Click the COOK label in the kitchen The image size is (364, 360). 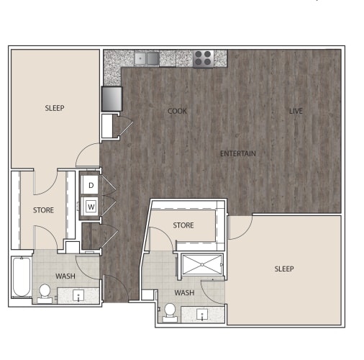tap(177, 111)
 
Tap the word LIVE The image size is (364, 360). tap(296, 111)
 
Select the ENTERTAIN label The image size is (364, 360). tap(238, 153)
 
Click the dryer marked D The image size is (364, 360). tap(91, 186)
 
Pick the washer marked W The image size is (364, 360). tap(91, 207)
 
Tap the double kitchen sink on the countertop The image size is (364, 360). tap(150, 58)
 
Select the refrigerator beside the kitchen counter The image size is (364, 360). tap(112, 97)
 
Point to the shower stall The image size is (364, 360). tap(202, 265)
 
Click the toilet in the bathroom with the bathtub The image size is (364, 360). tap(45, 292)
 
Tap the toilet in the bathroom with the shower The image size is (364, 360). tap(170, 311)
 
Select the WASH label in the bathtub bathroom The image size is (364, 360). tap(65, 276)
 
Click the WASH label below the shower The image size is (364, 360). tap(184, 293)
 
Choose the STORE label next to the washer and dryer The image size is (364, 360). tap(43, 210)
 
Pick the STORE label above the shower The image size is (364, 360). tap(183, 225)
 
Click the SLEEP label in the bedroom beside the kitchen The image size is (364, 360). tap(54, 109)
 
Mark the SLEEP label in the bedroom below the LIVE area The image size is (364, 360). tap(284, 269)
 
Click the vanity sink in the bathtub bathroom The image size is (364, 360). tap(78, 295)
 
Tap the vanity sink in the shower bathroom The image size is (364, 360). tap(203, 315)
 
